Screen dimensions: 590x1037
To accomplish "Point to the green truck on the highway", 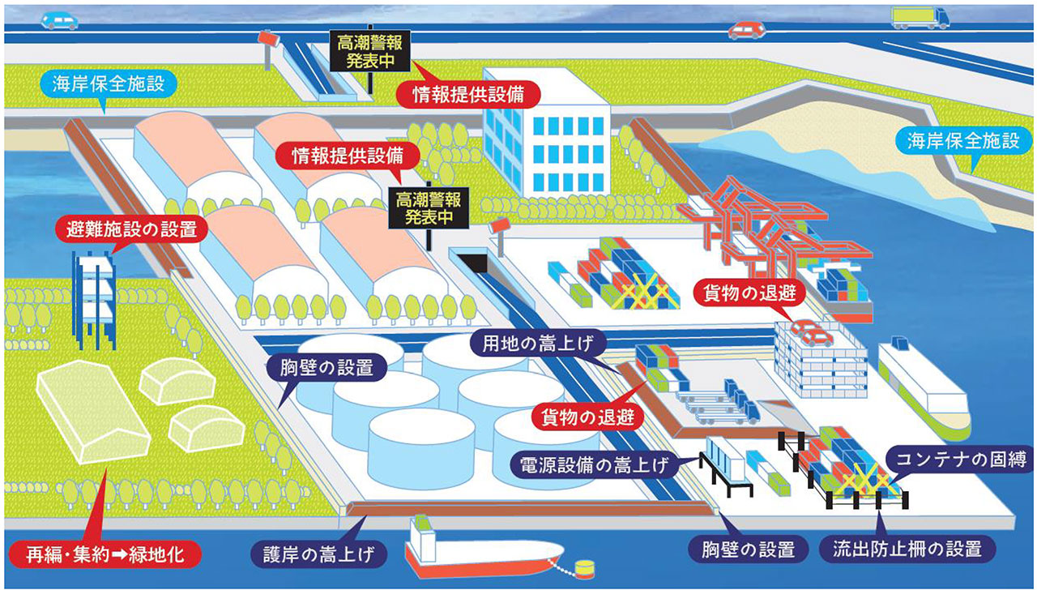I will point(920,17).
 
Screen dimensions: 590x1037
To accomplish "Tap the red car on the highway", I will point(746,31).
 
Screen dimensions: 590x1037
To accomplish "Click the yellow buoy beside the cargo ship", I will point(583,570).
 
